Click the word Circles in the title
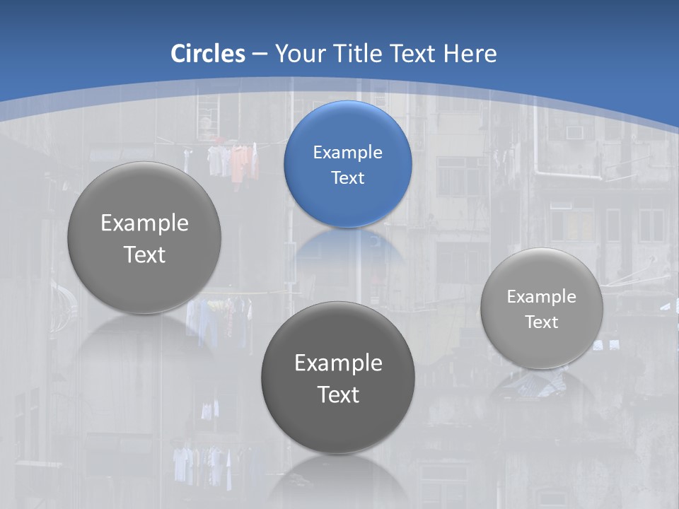(x=208, y=54)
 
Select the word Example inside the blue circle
(x=347, y=152)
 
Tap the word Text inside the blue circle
(x=347, y=177)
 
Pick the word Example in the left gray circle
(x=144, y=223)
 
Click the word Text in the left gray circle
(x=144, y=255)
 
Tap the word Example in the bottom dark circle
(x=338, y=363)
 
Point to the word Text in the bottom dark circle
(x=338, y=394)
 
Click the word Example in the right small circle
(x=542, y=296)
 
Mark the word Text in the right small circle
(x=542, y=322)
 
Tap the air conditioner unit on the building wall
(x=574, y=133)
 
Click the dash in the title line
(x=259, y=54)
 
